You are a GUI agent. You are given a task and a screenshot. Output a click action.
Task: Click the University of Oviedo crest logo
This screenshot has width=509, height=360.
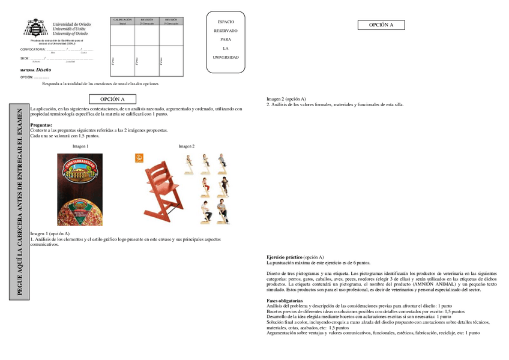click(35, 28)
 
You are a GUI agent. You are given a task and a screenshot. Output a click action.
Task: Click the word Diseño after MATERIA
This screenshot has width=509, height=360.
click(43, 70)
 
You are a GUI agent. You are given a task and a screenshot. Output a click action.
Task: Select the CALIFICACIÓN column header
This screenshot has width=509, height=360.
click(122, 20)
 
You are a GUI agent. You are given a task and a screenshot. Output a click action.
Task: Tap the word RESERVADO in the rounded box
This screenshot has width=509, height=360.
click(226, 31)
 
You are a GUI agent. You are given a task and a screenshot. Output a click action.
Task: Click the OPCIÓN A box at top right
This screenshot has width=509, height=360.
click(381, 25)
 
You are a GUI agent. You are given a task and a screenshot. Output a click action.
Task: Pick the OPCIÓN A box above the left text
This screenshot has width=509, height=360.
click(112, 99)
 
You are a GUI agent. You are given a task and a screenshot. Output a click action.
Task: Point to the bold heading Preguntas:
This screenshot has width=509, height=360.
click(41, 125)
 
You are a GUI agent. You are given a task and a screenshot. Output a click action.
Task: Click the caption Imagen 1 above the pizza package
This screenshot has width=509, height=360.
click(80, 146)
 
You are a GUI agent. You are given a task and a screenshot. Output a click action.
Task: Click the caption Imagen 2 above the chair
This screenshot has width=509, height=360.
click(186, 146)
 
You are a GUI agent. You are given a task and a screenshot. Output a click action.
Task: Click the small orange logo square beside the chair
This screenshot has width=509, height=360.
click(139, 158)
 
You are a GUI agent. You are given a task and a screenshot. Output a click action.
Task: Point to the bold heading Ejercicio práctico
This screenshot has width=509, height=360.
click(285, 257)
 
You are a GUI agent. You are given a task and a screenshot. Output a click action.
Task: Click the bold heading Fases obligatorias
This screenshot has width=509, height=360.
click(285, 300)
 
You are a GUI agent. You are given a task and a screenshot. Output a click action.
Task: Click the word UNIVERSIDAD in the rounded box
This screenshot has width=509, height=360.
click(226, 58)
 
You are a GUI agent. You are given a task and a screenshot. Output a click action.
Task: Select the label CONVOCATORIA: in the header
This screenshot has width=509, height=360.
click(33, 49)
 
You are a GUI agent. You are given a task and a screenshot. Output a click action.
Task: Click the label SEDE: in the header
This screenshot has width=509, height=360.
click(25, 59)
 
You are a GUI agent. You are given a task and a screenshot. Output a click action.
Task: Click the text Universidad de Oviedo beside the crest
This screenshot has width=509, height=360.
click(72, 24)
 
